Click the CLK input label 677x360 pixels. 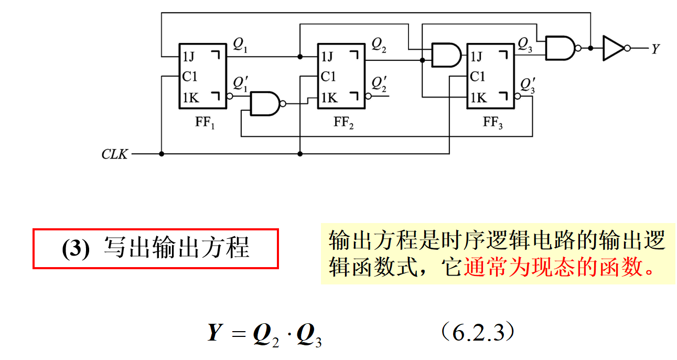(114, 155)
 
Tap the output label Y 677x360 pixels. (655, 49)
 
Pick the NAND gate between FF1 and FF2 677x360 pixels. (266, 104)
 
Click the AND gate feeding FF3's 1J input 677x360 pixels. (445, 56)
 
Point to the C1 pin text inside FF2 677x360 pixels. (328, 77)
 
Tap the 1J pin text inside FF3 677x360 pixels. (478, 56)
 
